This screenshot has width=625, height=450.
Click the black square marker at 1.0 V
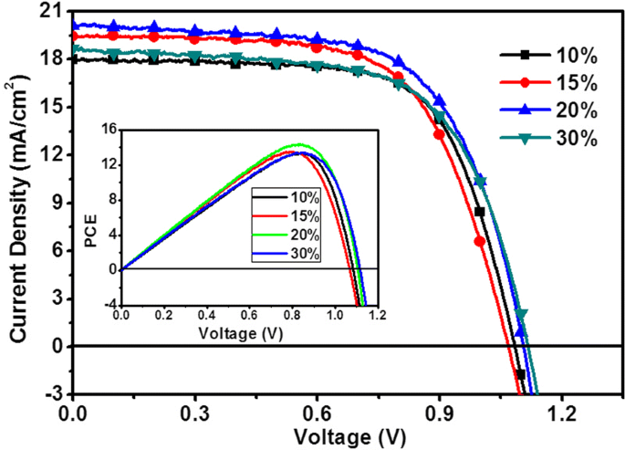click(479, 212)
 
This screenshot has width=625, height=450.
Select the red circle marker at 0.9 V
click(439, 134)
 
